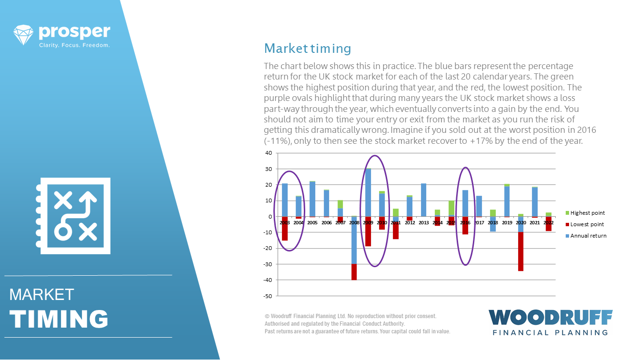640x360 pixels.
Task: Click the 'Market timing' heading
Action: [x=308, y=49]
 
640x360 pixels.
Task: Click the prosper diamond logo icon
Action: [x=23, y=35]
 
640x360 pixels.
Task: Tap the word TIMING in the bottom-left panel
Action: [x=59, y=319]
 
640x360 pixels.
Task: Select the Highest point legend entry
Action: [x=585, y=213]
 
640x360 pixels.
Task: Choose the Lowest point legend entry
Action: [x=585, y=224]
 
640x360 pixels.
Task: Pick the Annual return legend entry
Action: [x=586, y=236]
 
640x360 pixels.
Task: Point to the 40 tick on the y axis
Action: [x=269, y=153]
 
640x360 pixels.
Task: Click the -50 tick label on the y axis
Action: [x=268, y=296]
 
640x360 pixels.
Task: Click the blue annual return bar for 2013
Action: [x=423, y=200]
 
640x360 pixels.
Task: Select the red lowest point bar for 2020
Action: [x=520, y=251]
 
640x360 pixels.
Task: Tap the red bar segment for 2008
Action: [x=354, y=272]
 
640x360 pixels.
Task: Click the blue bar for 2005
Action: [x=312, y=199]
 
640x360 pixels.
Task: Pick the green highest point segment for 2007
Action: [x=340, y=204]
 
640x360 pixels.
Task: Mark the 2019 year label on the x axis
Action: [x=507, y=222]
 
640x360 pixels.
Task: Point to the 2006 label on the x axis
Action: [x=326, y=222]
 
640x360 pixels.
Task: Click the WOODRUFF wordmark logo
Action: [x=550, y=318]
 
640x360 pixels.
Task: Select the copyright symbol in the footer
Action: [x=267, y=316]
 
